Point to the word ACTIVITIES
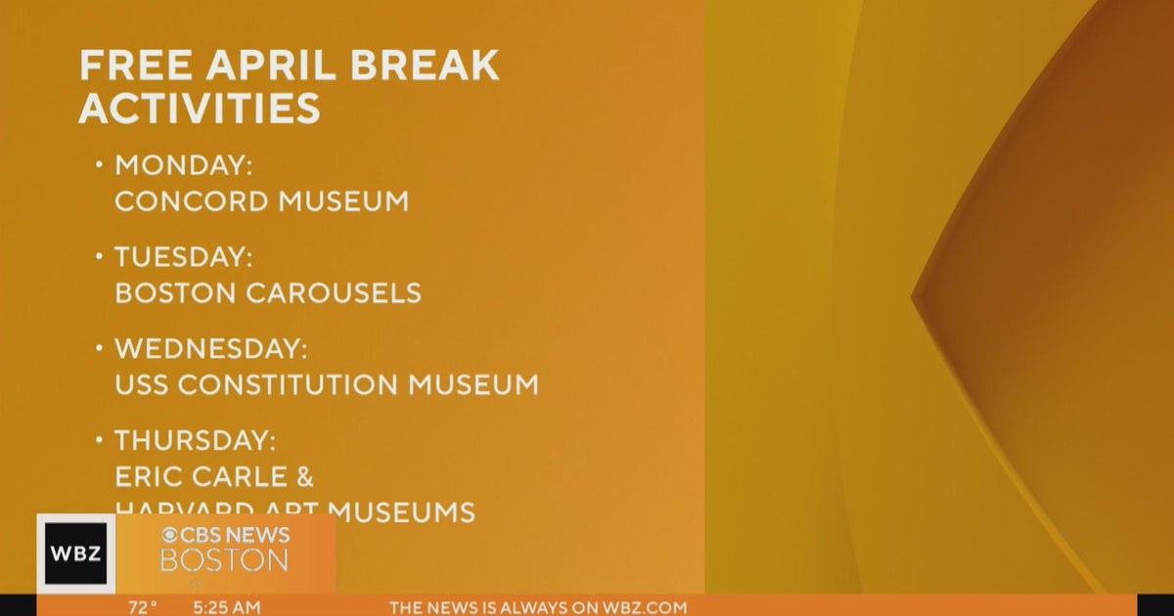tap(200, 107)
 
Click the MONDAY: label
tap(184, 165)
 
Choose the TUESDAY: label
tap(184, 257)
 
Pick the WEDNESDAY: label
tap(211, 348)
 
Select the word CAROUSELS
tap(344, 292)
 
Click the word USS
tap(142, 384)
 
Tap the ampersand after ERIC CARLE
tap(303, 476)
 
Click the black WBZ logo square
tap(75, 553)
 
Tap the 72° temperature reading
tap(143, 607)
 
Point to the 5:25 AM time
tap(227, 607)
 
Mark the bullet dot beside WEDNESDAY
tap(99, 347)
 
